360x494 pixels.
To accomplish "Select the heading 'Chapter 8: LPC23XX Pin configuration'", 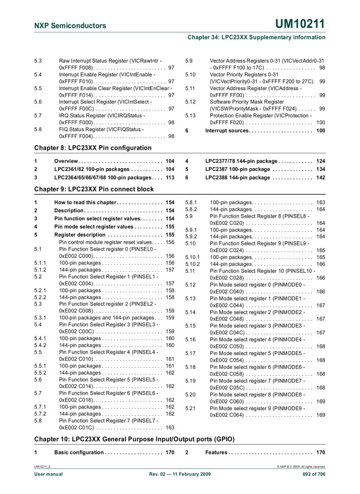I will point(93,148).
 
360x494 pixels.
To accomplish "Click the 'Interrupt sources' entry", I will point(229,131).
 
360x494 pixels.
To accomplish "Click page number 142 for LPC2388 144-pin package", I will point(320,178).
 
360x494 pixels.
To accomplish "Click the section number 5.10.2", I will point(192,264).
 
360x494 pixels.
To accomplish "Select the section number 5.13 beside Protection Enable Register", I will point(191,116).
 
